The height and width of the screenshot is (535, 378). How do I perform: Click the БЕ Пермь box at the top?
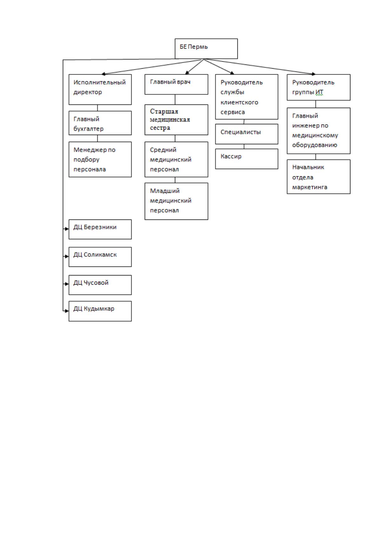click(x=206, y=49)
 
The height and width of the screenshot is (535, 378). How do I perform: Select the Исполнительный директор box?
click(x=100, y=89)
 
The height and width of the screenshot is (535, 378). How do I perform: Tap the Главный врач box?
click(x=176, y=84)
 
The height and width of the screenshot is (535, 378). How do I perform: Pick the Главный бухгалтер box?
click(x=100, y=123)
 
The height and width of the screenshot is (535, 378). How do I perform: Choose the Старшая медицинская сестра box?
click(x=176, y=120)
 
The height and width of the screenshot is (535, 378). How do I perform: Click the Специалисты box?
click(x=247, y=134)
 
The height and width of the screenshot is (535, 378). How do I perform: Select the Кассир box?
click(x=247, y=159)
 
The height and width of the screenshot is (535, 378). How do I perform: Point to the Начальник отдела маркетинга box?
click(x=319, y=177)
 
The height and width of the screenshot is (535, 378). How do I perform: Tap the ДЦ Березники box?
click(x=100, y=229)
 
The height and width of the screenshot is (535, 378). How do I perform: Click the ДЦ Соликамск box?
click(x=100, y=257)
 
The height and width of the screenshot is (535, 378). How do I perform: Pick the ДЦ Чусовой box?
click(x=100, y=285)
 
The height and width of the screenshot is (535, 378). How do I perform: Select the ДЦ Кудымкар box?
click(x=100, y=311)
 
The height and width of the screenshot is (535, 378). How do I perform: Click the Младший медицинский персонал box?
click(x=176, y=201)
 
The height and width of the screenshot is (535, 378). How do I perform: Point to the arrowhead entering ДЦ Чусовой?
click(x=67, y=284)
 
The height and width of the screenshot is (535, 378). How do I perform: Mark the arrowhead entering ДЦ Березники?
click(x=67, y=229)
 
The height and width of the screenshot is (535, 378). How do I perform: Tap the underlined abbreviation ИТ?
click(x=319, y=92)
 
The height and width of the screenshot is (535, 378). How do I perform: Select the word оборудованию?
click(x=315, y=145)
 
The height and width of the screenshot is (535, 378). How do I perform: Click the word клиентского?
click(x=239, y=103)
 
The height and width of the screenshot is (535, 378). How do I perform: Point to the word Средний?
click(x=163, y=150)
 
